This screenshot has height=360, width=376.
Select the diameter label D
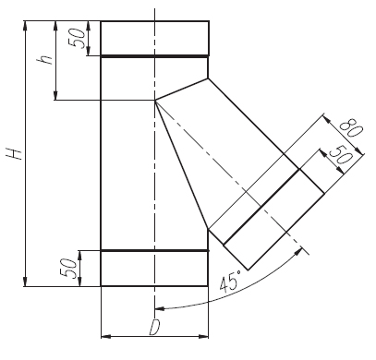[x=154, y=328]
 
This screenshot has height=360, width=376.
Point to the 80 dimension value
[x=351, y=128]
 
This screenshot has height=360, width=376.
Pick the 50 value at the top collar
[x=77, y=38]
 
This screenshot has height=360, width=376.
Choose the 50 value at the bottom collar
[x=68, y=269]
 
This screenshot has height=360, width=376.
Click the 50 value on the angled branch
[x=340, y=154]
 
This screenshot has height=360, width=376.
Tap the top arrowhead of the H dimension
[x=25, y=25]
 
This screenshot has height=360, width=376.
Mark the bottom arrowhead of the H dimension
[x=25, y=282]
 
